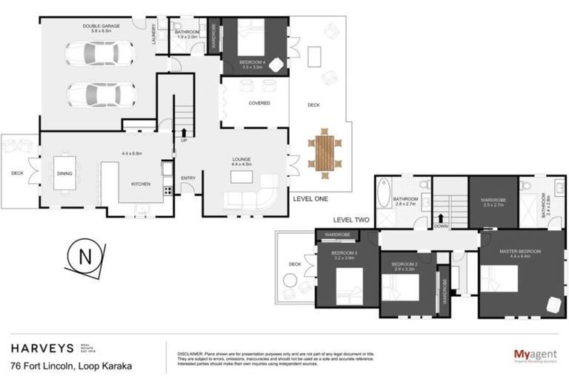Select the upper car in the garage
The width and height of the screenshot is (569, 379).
pos(99,54)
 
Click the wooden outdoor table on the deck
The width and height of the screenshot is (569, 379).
pos(324,152)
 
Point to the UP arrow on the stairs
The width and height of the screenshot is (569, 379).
pos(184,134)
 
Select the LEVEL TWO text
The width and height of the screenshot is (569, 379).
pos(351,220)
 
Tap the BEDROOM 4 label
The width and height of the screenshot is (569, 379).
pos(254,62)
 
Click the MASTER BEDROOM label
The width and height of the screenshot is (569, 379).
pos(519,250)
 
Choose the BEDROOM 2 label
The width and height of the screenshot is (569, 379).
pos(405,264)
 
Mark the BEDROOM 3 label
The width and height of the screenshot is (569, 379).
pos(345,254)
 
